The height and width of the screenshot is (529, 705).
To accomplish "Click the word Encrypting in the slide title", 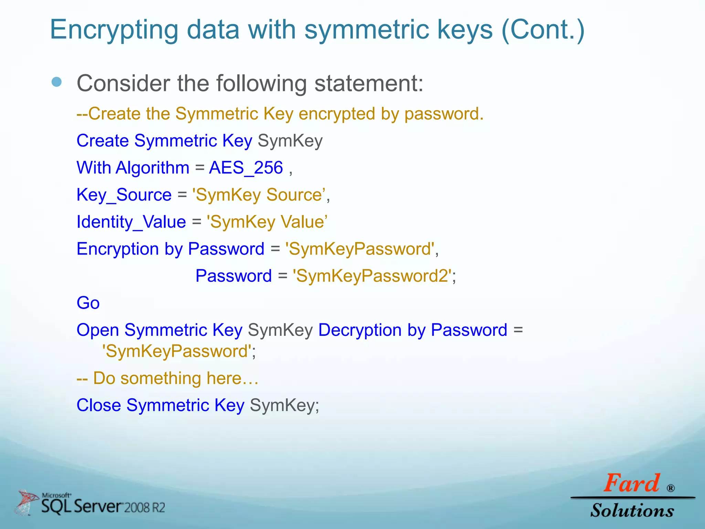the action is (x=114, y=30).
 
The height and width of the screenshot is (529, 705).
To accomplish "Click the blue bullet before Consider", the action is (x=56, y=82).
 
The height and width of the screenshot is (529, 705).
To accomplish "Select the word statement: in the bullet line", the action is (x=369, y=83).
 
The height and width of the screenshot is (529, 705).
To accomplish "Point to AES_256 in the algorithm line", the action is (x=246, y=168).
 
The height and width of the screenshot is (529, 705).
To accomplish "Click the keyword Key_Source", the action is (x=124, y=195).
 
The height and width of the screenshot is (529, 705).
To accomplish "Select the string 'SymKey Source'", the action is (x=259, y=195).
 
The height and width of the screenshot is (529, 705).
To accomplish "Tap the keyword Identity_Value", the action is (x=131, y=222).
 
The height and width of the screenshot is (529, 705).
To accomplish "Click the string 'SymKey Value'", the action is (x=267, y=222).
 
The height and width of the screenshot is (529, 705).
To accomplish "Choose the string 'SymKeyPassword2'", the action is (x=372, y=276).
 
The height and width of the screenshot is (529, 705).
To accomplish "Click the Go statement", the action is (x=88, y=303).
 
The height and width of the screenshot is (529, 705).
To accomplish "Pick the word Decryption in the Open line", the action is (x=360, y=330).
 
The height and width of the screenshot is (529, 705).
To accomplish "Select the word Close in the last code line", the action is (x=98, y=405).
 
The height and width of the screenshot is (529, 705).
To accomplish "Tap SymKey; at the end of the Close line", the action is (x=284, y=405).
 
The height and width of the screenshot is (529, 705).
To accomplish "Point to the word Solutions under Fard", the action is (x=632, y=510).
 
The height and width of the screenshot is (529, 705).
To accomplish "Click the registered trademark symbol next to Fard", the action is (x=670, y=488).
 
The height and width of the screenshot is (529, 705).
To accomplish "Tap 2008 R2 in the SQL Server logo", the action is (x=145, y=508).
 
